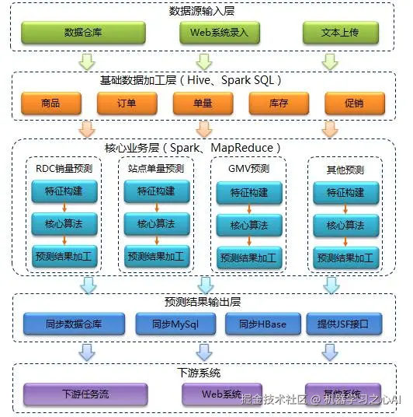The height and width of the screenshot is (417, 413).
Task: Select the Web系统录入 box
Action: [203, 33]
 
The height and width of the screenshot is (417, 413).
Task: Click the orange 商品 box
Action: [51, 103]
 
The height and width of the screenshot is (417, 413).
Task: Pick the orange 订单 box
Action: [127, 103]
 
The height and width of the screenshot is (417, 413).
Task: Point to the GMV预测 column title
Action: [249, 168]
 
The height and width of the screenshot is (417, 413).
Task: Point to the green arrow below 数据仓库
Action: [87, 60]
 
